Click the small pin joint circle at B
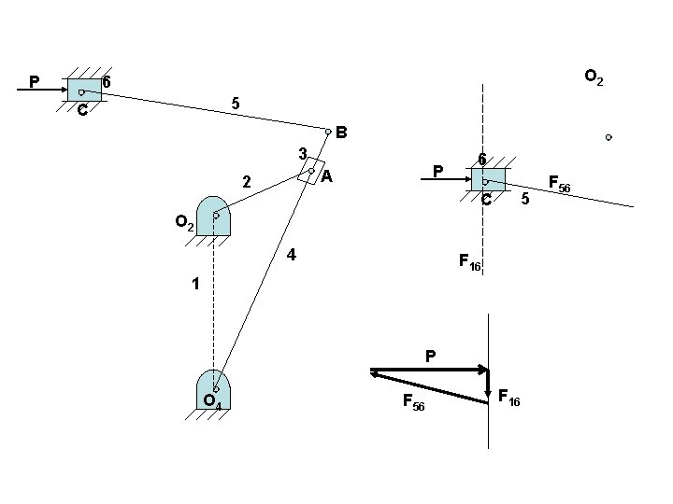coord(328,132)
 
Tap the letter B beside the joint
coord(342,133)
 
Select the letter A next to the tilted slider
coord(327,175)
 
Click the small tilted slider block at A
coord(310,171)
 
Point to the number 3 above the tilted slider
coord(302,153)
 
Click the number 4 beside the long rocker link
coord(292,254)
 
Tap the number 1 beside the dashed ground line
coord(195,283)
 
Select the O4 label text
coord(212,402)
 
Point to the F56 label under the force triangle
coord(413,402)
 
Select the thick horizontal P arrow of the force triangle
coord(429,370)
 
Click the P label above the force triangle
coord(430,356)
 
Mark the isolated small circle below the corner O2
coord(609,137)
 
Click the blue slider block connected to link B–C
coord(84,90)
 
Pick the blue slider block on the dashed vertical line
coord(488,179)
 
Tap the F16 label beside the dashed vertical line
coord(469,262)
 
